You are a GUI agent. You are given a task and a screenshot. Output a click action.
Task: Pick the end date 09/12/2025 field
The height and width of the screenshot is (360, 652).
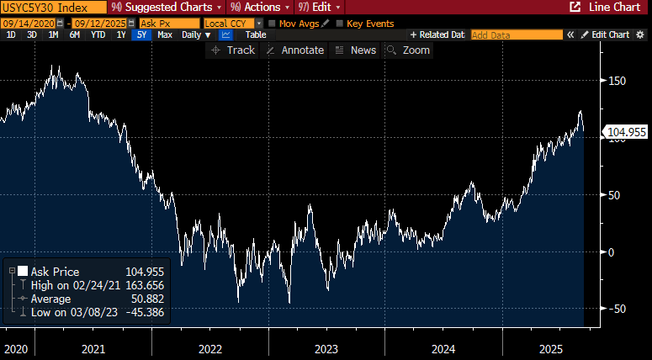103,24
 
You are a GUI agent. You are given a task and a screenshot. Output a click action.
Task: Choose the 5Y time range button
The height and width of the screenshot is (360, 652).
140,35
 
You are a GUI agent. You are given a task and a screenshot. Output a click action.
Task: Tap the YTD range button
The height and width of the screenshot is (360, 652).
98,35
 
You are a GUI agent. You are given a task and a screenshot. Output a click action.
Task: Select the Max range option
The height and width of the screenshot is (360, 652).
165,35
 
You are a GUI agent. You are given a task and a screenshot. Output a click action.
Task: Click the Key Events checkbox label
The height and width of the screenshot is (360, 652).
370,24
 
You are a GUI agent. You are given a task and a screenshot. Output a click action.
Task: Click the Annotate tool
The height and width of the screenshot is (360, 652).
295,50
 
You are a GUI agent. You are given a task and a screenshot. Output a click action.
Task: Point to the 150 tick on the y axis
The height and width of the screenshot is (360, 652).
618,81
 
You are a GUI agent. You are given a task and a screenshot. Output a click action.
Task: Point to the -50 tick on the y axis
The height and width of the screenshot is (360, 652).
618,309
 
